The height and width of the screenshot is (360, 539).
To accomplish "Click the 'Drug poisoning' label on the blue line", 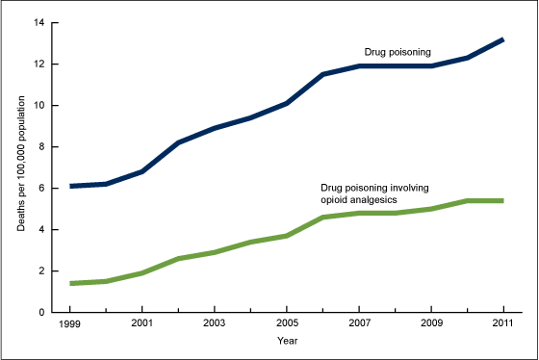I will click(396, 51).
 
